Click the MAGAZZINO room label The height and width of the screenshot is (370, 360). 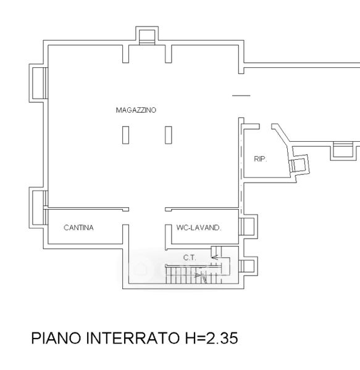coord(136,110)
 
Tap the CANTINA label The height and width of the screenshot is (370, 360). coord(78,228)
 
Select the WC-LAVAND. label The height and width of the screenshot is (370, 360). coord(198,228)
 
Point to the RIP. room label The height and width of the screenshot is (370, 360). coord(261,159)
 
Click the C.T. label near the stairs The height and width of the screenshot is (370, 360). coord(190,258)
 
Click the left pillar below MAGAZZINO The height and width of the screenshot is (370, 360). coord(125,135)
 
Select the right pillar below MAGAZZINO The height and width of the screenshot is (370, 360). coord(168,135)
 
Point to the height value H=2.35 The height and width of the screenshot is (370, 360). coord(211,338)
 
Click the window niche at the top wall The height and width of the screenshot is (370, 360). coord(147,35)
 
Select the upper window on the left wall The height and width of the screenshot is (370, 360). coord(38,83)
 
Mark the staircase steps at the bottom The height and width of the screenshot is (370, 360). coord(194,274)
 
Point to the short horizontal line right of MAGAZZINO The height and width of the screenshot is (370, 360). coord(241,96)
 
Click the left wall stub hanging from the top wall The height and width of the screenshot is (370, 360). coord(125,54)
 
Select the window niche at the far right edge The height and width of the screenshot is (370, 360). coord(343,151)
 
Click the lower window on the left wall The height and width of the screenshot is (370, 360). coord(38,208)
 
